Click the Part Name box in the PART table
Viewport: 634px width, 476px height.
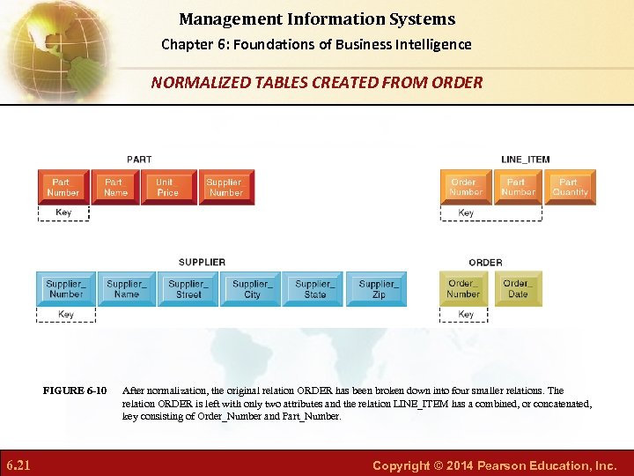click(115, 187)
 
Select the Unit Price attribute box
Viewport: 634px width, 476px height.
click(167, 187)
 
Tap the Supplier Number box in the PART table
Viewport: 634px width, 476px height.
click(225, 187)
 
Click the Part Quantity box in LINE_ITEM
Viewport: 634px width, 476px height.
click(570, 187)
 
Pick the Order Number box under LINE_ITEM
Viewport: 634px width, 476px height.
click(466, 187)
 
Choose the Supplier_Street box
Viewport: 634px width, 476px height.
click(188, 289)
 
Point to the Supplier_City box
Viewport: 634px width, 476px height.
click(252, 289)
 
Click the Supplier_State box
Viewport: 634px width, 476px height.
click(314, 289)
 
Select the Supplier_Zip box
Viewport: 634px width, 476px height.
click(378, 289)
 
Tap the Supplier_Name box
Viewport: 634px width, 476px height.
click(127, 289)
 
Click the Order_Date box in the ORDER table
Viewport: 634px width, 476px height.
click(518, 289)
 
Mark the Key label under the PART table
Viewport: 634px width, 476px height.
click(63, 212)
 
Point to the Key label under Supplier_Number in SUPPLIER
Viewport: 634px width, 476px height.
click(66, 315)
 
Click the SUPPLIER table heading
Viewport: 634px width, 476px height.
click(202, 262)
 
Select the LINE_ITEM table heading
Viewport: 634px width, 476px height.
click(525, 160)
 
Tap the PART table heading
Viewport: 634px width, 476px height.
click(139, 160)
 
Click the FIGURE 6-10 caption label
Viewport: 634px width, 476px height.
click(75, 390)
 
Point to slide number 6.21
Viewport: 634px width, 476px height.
click(18, 465)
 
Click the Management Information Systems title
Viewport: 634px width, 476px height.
click(317, 19)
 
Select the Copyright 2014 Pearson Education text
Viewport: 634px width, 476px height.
click(494, 465)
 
